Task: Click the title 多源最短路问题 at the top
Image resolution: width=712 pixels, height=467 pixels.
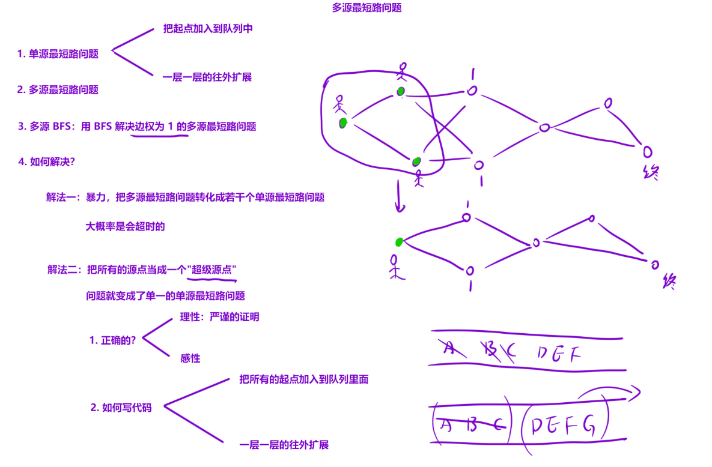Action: (367, 8)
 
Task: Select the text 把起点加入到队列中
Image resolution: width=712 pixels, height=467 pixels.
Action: (208, 29)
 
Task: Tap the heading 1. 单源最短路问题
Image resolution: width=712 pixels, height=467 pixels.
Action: (58, 54)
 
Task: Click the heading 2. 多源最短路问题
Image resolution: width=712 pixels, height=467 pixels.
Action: (58, 90)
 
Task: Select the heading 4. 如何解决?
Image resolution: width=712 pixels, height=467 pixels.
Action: (46, 161)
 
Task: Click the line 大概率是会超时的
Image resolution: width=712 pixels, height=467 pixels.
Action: (125, 227)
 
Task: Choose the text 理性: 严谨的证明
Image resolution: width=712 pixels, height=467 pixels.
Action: (219, 317)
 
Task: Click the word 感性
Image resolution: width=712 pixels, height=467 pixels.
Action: (190, 358)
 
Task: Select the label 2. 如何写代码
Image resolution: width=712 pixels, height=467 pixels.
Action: (121, 408)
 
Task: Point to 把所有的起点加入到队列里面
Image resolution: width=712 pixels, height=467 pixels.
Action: (303, 379)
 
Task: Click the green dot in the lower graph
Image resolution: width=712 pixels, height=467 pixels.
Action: (399, 242)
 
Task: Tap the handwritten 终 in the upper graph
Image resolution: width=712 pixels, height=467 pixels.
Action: (650, 173)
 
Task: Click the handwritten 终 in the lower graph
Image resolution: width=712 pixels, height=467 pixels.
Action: (668, 282)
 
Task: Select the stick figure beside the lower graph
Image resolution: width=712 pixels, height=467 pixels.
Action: (395, 267)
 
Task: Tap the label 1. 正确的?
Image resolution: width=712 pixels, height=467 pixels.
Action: (112, 340)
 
